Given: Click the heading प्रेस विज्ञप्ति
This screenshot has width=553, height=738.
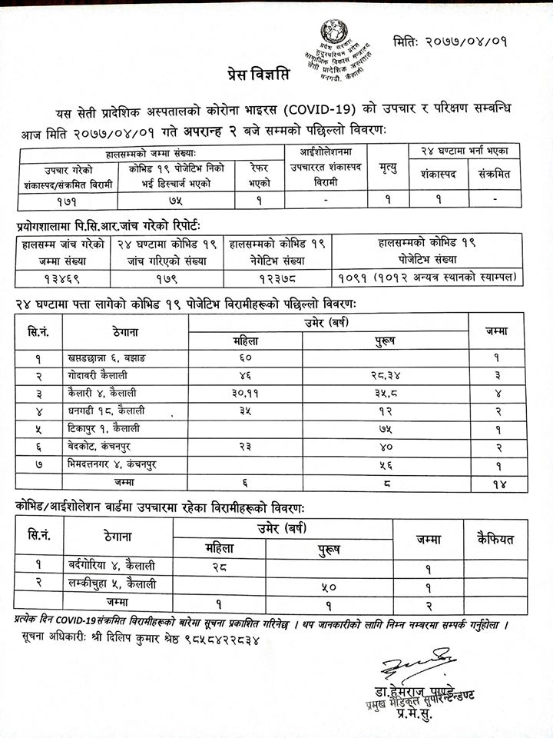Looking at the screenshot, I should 261,75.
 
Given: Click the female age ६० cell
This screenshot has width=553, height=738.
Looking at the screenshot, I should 246,357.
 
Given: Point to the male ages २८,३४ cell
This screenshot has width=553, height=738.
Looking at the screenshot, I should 384,375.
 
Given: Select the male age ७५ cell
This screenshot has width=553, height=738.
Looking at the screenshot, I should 384,429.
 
